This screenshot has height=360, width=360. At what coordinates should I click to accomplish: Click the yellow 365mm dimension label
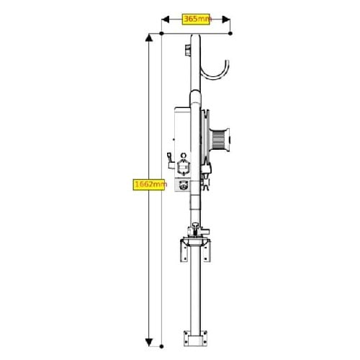pos(196,19)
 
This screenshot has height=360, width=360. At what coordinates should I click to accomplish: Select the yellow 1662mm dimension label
pos(149,184)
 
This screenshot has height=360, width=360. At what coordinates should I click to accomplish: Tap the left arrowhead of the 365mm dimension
pos(166,19)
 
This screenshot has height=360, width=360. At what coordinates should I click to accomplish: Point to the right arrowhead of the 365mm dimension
pos(226,19)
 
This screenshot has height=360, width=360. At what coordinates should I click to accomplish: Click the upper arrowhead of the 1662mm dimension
pos(149,38)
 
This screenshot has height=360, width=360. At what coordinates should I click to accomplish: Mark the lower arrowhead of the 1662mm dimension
pos(149,342)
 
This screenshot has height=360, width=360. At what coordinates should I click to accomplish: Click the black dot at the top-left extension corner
pos(161,33)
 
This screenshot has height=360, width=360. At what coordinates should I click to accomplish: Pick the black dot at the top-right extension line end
pos(230,33)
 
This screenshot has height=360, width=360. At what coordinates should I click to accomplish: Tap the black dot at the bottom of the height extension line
pos(161,346)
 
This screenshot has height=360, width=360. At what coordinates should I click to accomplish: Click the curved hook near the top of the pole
pos(215,77)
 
